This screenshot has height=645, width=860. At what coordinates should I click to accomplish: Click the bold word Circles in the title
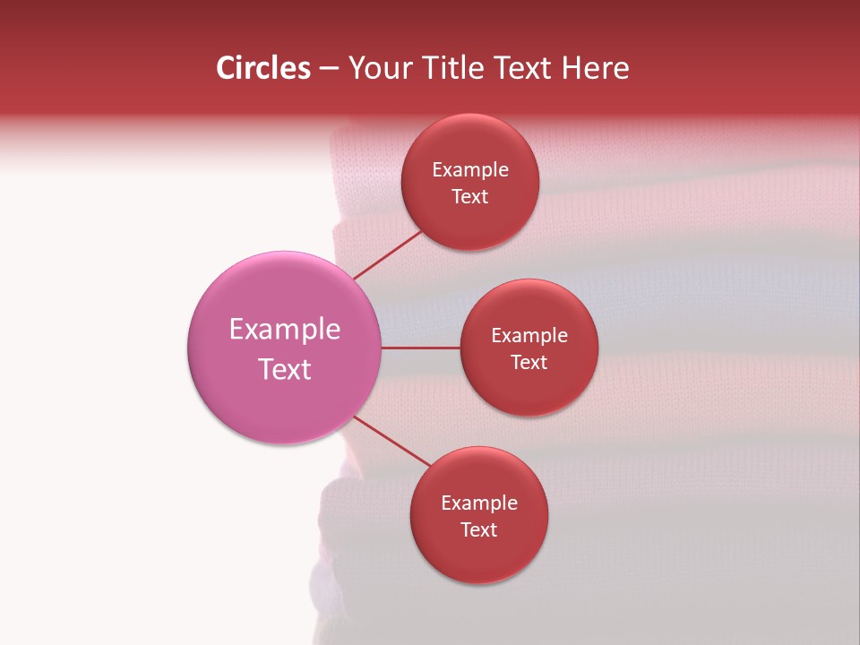pyautogui.click(x=263, y=68)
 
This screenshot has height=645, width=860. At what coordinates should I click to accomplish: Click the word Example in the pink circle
pyautogui.click(x=285, y=330)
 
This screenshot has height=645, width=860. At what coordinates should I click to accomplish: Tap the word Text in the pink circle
pyautogui.click(x=285, y=369)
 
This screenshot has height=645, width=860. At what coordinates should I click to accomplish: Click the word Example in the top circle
pyautogui.click(x=470, y=170)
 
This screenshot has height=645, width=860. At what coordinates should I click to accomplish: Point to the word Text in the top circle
pyautogui.click(x=470, y=197)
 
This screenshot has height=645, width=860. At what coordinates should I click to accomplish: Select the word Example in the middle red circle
pyautogui.click(x=529, y=336)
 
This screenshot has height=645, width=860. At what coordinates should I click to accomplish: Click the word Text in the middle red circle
pyautogui.click(x=529, y=363)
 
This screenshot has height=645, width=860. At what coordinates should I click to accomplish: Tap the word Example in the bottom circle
pyautogui.click(x=479, y=503)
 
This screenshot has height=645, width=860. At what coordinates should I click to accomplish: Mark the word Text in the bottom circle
pyautogui.click(x=479, y=530)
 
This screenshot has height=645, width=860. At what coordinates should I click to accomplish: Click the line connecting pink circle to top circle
pyautogui.click(x=387, y=254)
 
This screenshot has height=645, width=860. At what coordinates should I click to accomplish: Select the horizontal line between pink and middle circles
pyautogui.click(x=421, y=348)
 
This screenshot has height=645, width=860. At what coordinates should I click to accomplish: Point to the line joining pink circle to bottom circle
pyautogui.click(x=392, y=440)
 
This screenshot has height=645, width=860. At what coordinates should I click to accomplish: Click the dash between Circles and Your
pyautogui.click(x=329, y=68)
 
